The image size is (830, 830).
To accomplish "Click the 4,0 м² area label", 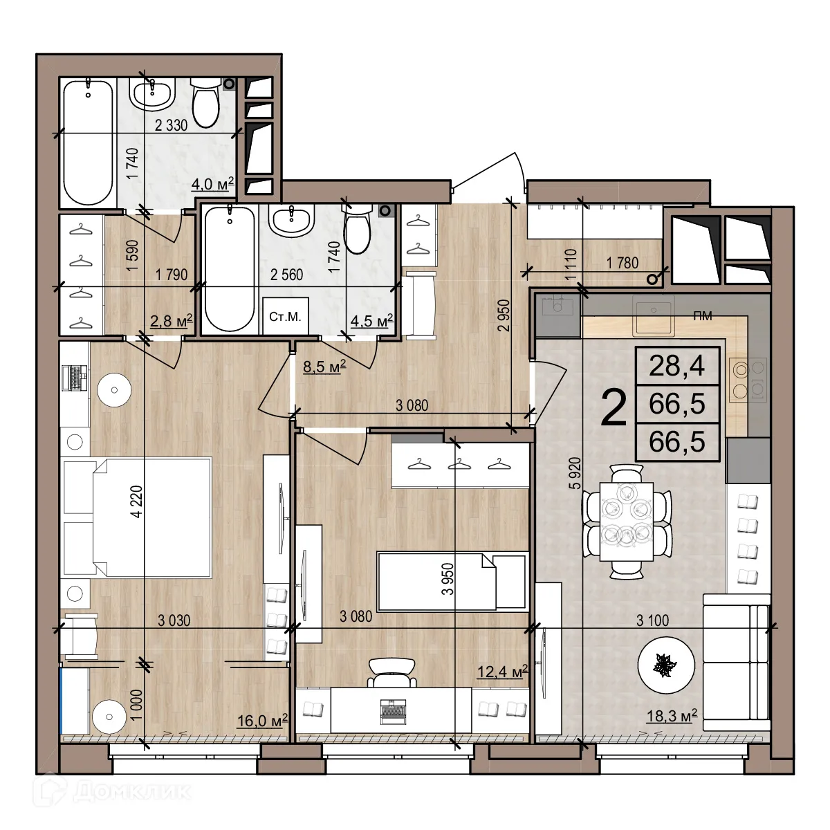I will [213, 184].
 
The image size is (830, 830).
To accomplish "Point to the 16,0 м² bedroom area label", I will [262, 721].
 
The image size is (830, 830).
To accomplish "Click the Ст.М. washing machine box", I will [285, 317].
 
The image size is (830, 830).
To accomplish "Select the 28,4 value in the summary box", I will [677, 365].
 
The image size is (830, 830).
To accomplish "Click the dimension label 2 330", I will [172, 125].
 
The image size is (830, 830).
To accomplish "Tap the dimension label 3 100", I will [652, 620].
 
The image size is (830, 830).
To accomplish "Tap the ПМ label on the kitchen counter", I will [703, 316].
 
